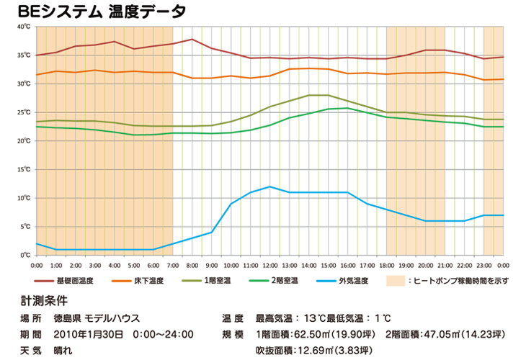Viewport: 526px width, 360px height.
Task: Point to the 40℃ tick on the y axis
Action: pos(24,27)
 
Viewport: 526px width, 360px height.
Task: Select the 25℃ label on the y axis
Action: pos(24,112)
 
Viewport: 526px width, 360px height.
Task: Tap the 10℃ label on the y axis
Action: pos(24,198)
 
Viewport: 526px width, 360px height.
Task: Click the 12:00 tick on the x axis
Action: pos(270,265)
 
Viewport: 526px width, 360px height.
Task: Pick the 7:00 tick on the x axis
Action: pos(173,265)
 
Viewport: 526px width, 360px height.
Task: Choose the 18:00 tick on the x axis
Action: pos(387,265)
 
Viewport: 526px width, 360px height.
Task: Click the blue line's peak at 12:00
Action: pos(270,186)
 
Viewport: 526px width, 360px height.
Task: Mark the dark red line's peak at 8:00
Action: pos(192,39)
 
